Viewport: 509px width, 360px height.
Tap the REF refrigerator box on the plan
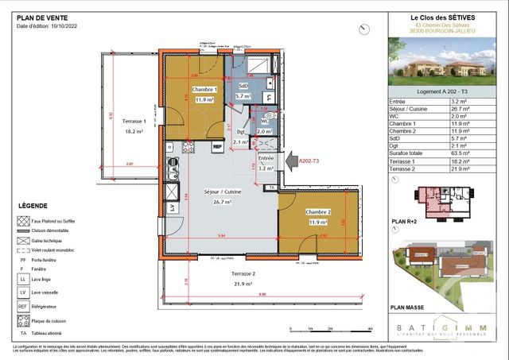click(216, 147)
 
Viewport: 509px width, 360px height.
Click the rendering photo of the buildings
click(447, 61)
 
